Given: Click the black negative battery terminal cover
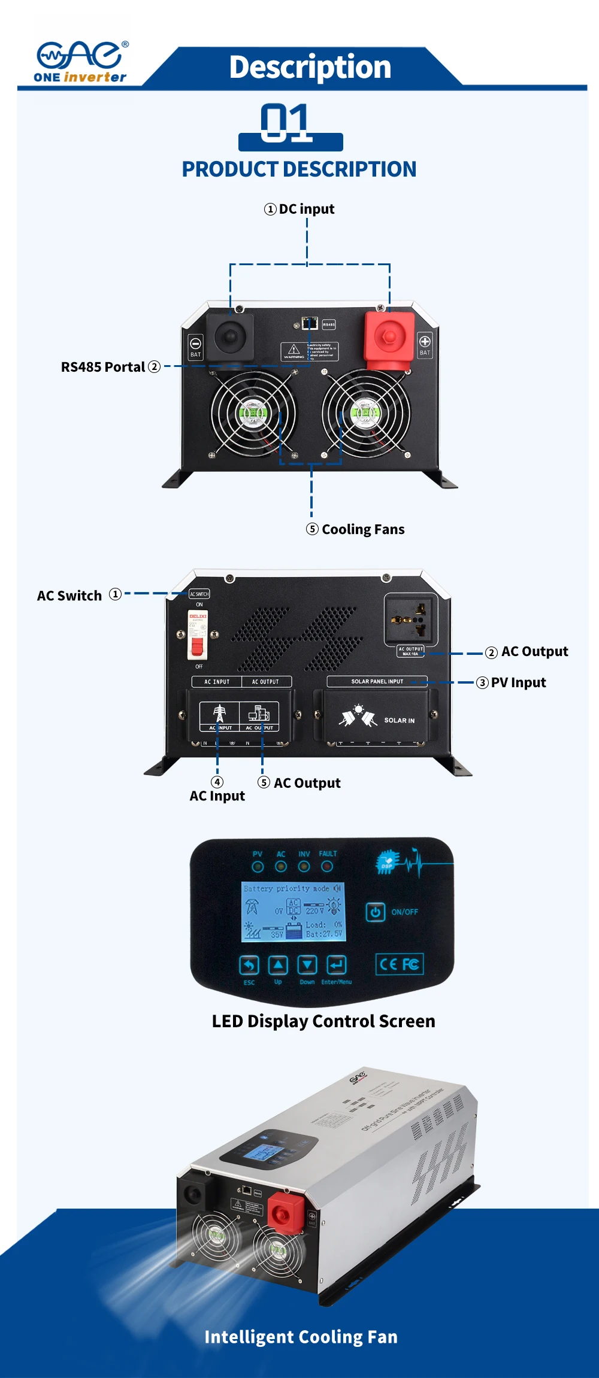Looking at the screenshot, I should pos(230,337).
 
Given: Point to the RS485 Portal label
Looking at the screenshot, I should pos(103,367).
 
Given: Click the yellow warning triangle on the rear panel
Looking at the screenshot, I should pos(294,350).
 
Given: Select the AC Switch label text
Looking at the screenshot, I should pos(69,596).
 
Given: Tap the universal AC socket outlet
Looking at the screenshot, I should pos(412,619).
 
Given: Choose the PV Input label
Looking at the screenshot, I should pos(518,682).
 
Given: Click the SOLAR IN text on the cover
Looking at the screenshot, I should pos(399,720).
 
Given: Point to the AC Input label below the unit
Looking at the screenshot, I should pos(217,796).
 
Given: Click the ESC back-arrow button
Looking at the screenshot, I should pos(249,964).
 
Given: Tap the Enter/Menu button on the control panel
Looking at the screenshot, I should pos(337,964).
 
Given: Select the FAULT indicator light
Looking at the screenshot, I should pos(327,866).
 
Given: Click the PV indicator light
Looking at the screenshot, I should pos(258,866).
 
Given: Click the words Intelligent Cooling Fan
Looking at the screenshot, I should pos(301,1337).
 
